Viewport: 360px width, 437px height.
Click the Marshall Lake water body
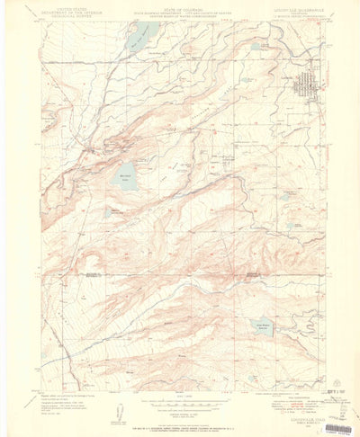point(128,176)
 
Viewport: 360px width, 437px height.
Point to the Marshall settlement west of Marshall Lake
point(90,144)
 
